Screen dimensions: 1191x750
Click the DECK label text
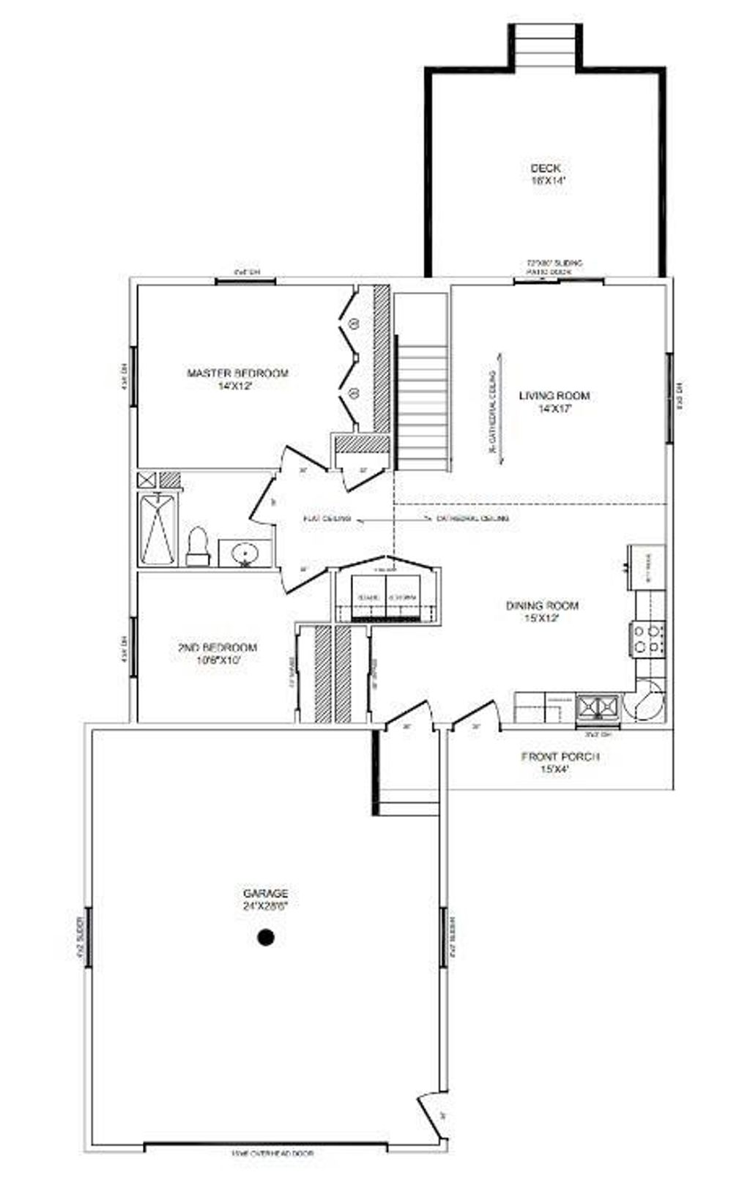(546, 168)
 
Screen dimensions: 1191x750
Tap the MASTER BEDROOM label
(237, 373)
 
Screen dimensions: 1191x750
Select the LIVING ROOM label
(554, 396)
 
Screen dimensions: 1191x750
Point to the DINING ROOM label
(542, 605)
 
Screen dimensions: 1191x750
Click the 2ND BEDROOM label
(217, 648)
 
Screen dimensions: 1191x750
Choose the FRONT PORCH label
(560, 756)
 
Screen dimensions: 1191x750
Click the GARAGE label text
(265, 893)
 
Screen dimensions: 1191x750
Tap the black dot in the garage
(266, 936)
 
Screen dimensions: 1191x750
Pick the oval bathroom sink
(244, 554)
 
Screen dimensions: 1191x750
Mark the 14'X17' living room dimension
(554, 410)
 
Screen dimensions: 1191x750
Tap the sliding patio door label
(554, 267)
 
